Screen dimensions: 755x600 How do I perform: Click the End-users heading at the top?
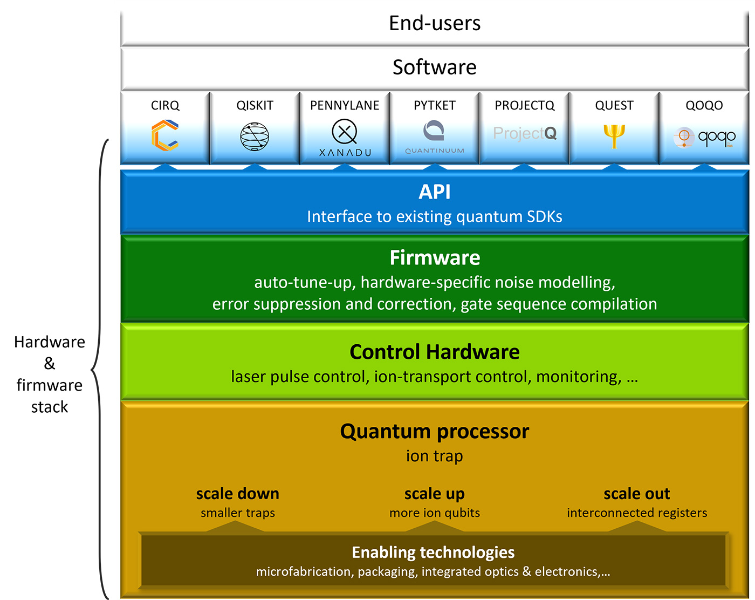point(434,23)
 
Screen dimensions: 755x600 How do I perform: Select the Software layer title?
point(434,67)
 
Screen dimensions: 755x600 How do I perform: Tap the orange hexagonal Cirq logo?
point(165,135)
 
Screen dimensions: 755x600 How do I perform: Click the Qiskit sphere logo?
point(255,137)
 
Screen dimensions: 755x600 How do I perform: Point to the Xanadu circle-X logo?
point(345,132)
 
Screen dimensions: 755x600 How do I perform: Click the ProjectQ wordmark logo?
point(525,133)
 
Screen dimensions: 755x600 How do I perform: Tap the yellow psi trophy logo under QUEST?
point(614,137)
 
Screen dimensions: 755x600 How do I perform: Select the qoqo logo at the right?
point(704,137)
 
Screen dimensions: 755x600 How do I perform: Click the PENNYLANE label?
point(345,105)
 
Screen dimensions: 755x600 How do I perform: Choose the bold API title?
point(434,192)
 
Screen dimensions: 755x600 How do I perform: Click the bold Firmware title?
point(435,258)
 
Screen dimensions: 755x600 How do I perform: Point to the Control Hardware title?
point(434,352)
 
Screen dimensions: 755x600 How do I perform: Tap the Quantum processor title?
point(434,432)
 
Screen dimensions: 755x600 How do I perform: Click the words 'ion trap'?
point(434,456)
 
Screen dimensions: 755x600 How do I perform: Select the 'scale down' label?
point(237,494)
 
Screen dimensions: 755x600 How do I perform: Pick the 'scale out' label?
point(636,494)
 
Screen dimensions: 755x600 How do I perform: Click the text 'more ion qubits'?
point(434,513)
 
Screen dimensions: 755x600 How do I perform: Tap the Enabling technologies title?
point(433,553)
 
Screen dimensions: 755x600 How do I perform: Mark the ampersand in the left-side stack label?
point(50,363)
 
